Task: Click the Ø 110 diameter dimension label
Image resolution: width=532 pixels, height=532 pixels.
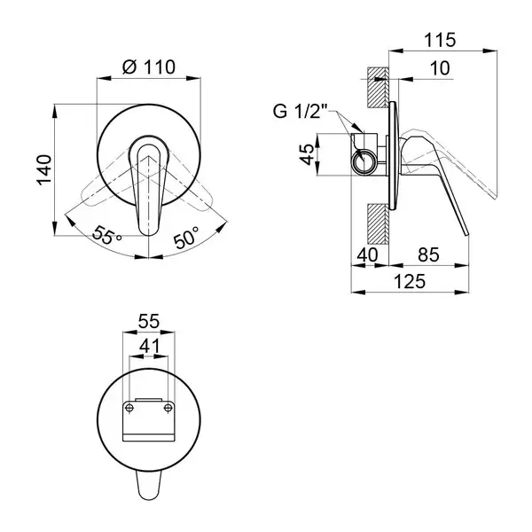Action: point(149,67)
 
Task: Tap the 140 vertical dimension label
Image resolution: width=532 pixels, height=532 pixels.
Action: point(44,170)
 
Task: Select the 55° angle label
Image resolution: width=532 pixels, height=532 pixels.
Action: point(107,234)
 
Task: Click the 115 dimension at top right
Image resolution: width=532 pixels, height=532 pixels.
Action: point(440,40)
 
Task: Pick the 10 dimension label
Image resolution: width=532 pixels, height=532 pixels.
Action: point(440,68)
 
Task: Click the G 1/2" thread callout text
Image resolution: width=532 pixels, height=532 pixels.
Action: point(300,111)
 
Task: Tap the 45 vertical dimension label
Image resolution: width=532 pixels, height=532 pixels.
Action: point(308,154)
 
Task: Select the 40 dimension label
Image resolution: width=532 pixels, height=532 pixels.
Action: point(367,254)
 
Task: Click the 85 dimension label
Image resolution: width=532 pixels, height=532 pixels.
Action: point(428,254)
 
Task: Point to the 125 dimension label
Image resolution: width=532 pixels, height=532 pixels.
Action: point(410,281)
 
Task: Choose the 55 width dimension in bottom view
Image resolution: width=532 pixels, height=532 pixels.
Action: point(149,321)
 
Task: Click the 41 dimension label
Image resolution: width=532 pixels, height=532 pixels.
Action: point(149,346)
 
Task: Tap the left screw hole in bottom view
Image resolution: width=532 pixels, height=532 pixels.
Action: point(129,408)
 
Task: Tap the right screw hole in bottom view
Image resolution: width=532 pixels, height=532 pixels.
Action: point(168,408)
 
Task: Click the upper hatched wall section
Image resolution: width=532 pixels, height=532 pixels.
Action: point(378,88)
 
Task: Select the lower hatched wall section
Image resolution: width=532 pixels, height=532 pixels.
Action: point(378,223)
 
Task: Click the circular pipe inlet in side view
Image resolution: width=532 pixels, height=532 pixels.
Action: point(364,160)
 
